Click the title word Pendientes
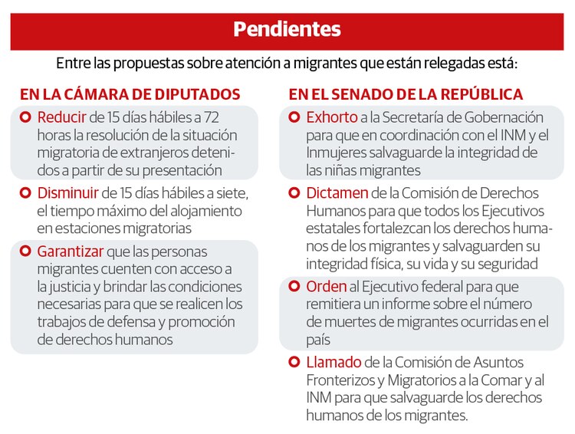tap(287, 29)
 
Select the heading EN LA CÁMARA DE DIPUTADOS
tap(130, 94)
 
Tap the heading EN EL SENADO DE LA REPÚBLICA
tap(406, 94)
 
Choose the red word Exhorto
tap(332, 117)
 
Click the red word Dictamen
tap(337, 192)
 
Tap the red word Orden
tap(327, 286)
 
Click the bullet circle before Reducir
tap(25, 117)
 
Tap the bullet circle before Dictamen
tap(294, 192)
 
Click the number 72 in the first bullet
tap(212, 117)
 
